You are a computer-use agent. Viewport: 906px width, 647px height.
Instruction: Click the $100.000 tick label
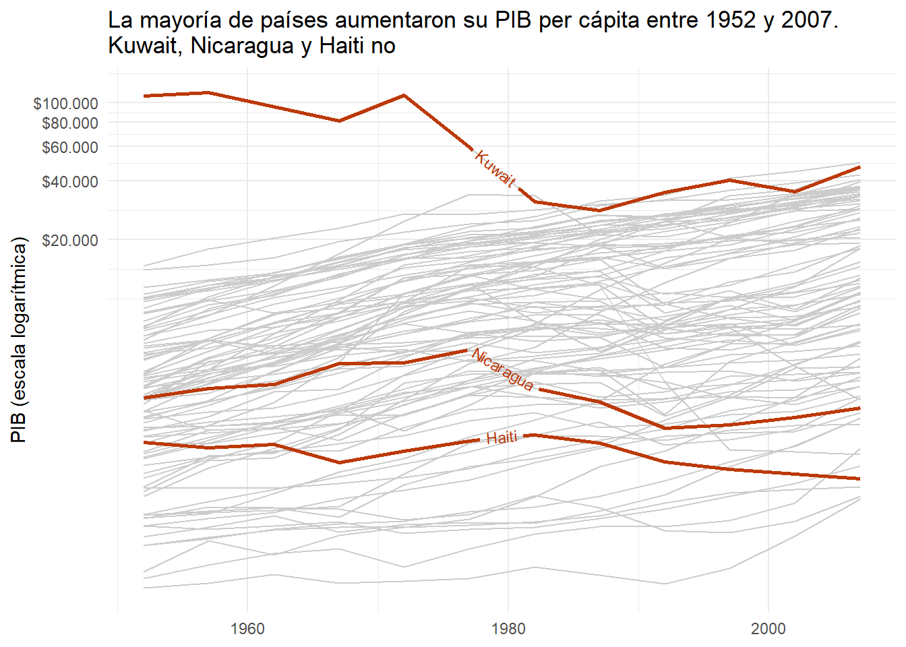(x=65, y=103)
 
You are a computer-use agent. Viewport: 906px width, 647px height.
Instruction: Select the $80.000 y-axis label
(x=69, y=123)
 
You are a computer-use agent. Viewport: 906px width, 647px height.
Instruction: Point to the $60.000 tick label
(x=69, y=147)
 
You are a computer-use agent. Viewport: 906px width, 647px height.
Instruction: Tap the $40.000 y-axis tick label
(x=69, y=181)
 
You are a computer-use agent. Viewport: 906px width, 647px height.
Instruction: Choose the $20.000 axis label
(x=69, y=240)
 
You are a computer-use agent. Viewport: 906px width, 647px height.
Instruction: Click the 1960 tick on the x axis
(x=247, y=629)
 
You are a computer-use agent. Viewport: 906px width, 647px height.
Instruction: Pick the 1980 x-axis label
(x=508, y=629)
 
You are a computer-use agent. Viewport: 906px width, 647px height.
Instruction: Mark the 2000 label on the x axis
(x=768, y=629)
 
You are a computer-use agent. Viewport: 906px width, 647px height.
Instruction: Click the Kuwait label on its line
(x=495, y=168)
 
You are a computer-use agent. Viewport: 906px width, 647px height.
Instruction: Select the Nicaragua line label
(x=503, y=369)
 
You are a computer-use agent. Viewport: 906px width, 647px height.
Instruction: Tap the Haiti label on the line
(x=502, y=438)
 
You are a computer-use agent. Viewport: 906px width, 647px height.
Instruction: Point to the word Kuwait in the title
(x=142, y=46)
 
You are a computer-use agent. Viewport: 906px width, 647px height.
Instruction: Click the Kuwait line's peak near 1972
(x=404, y=95)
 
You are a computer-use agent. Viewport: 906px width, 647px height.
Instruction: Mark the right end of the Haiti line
(x=859, y=479)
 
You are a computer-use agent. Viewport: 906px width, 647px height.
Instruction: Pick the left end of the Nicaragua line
(x=144, y=398)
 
